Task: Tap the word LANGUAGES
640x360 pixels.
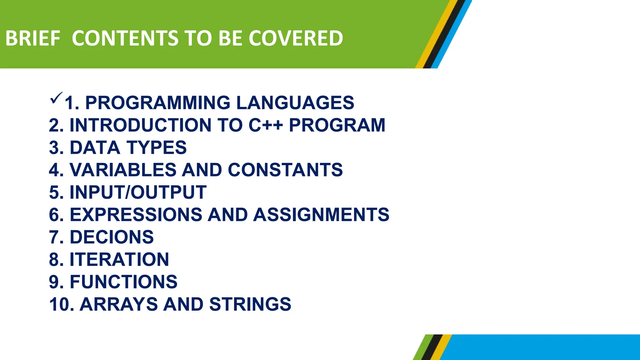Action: tap(295, 103)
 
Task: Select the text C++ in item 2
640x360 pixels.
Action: tap(266, 125)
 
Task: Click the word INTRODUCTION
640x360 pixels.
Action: tap(140, 125)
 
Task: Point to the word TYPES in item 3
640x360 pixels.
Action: tap(157, 148)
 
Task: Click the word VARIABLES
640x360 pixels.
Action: tap(123, 170)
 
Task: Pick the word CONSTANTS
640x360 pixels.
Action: tap(285, 170)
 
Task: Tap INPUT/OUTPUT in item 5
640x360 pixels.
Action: tap(138, 192)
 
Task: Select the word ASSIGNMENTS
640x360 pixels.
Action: tap(321, 215)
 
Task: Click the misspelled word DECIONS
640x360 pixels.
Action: tap(112, 237)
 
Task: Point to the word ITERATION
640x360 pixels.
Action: tap(119, 259)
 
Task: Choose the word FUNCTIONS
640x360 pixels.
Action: tap(123, 282)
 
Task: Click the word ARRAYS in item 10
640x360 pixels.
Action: tap(119, 304)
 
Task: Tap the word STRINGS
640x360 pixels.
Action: tap(250, 304)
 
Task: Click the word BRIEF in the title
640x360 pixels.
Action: tap(32, 38)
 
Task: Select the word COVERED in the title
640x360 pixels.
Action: tap(296, 38)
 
